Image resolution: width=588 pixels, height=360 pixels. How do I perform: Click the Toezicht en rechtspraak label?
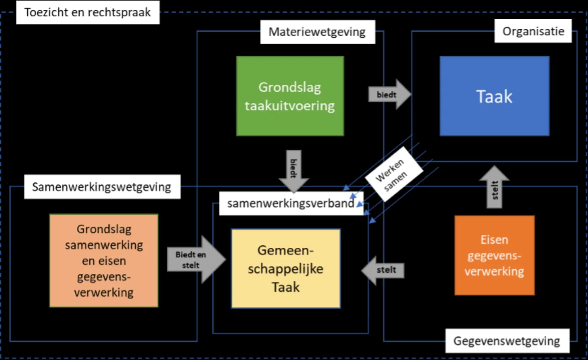(x=88, y=13)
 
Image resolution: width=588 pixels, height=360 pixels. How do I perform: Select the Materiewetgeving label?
(x=317, y=32)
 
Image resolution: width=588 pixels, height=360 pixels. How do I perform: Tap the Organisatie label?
(x=533, y=31)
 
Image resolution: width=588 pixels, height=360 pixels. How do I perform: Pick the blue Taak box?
(x=494, y=96)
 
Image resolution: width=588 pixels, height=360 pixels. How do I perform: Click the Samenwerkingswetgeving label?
(x=102, y=187)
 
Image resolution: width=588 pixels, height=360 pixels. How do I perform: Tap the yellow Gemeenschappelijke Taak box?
(x=285, y=268)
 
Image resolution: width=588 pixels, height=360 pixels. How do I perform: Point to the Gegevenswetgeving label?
(x=507, y=341)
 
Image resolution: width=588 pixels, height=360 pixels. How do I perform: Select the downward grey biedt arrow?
(x=293, y=170)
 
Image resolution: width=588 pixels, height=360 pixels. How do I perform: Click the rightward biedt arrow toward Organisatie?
(x=389, y=95)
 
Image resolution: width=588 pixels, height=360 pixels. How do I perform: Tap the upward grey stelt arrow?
(x=494, y=187)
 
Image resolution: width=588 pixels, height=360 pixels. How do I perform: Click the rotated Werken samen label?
(x=394, y=174)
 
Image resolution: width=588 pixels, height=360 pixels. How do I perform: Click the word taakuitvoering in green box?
(x=290, y=106)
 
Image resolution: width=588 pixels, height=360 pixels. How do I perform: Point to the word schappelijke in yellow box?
(x=285, y=269)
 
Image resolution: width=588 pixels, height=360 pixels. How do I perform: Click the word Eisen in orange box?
(x=494, y=240)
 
